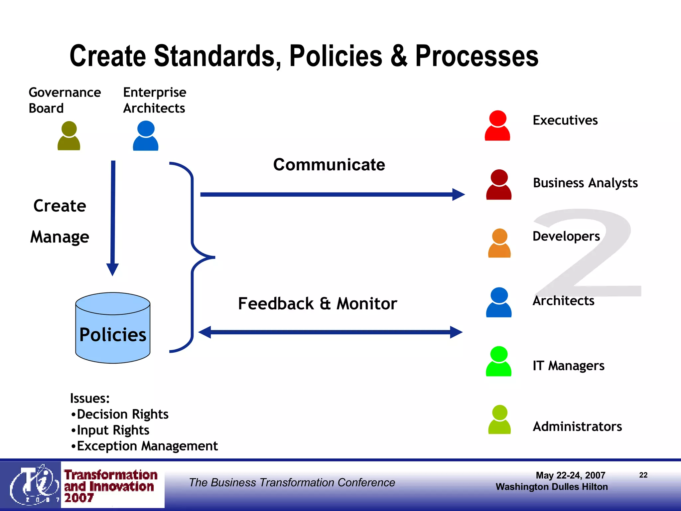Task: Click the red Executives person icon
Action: click(x=497, y=126)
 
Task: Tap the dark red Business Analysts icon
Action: click(x=499, y=185)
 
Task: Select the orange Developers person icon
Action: click(x=499, y=244)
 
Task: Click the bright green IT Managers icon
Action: click(x=498, y=362)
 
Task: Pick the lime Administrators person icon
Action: click(x=499, y=420)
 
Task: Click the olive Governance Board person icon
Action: click(x=69, y=136)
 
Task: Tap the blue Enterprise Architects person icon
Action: click(x=146, y=136)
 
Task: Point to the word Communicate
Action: click(x=329, y=165)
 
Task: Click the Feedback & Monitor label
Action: click(x=318, y=303)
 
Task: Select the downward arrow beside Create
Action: click(x=113, y=216)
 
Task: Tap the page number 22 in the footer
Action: click(x=643, y=475)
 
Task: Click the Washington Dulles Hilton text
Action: click(x=551, y=487)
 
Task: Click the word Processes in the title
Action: click(x=476, y=56)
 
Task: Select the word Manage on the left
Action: click(x=60, y=237)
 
